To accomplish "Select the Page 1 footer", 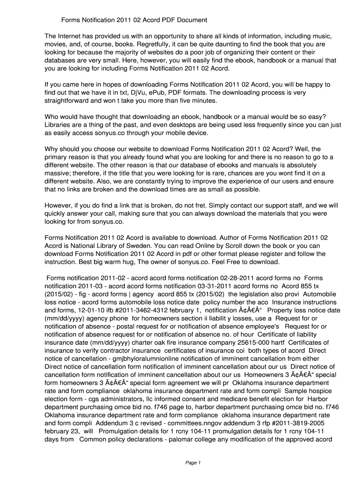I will tap(193, 463).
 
